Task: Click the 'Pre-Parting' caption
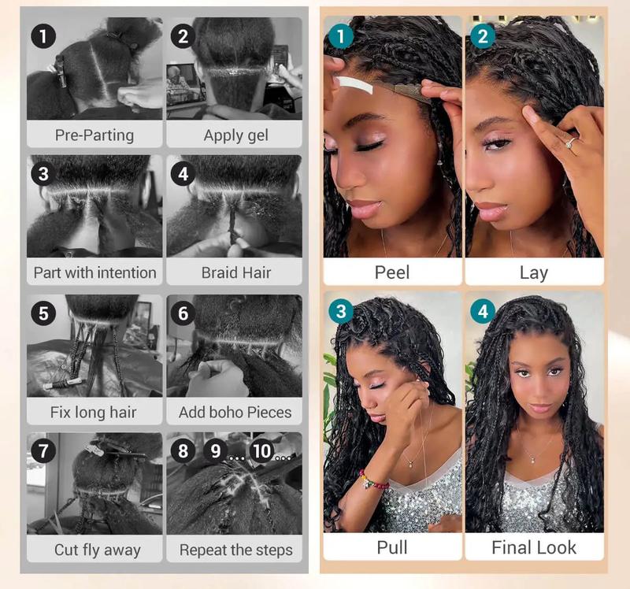tap(94, 135)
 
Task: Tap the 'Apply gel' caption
tap(235, 135)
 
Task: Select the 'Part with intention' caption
tap(94, 272)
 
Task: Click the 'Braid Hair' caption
tap(235, 272)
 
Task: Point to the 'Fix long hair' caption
tap(94, 412)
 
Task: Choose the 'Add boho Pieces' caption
tap(235, 412)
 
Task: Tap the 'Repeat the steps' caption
tap(235, 550)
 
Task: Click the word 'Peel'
tap(392, 272)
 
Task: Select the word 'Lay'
tap(533, 272)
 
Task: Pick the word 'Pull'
tap(392, 547)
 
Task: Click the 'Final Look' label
tap(533, 547)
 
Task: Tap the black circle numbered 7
tap(43, 451)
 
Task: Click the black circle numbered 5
tap(43, 313)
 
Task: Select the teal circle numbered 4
tap(482, 312)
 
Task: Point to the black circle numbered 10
tap(261, 451)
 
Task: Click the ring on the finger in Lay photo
tap(569, 143)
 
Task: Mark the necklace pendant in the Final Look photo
tap(529, 458)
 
